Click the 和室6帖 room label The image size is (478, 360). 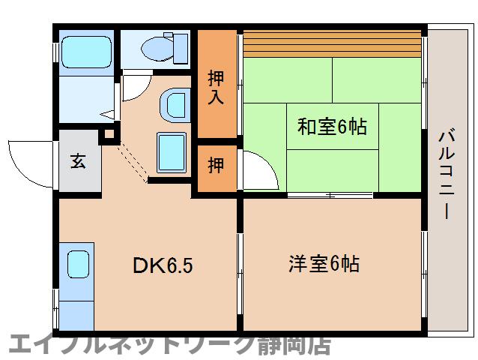pyautogui.click(x=332, y=126)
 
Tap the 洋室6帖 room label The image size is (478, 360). pyautogui.click(x=324, y=263)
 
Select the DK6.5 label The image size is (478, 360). pyautogui.click(x=163, y=265)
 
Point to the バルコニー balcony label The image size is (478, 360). pyautogui.click(x=447, y=175)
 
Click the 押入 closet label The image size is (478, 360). pyautogui.click(x=216, y=88)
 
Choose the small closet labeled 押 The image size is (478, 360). pyautogui.click(x=216, y=165)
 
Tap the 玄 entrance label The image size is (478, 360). pyautogui.click(x=78, y=160)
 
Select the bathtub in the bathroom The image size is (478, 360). pyautogui.click(x=87, y=52)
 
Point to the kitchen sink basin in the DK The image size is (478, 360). pyautogui.click(x=78, y=264)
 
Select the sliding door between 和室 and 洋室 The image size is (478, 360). pyautogui.click(x=330, y=195)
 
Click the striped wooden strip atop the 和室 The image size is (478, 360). pyautogui.click(x=333, y=43)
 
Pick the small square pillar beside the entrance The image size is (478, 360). pyautogui.click(x=109, y=134)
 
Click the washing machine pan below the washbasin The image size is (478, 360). pyautogui.click(x=172, y=152)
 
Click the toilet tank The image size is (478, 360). pyautogui.click(x=181, y=49)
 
